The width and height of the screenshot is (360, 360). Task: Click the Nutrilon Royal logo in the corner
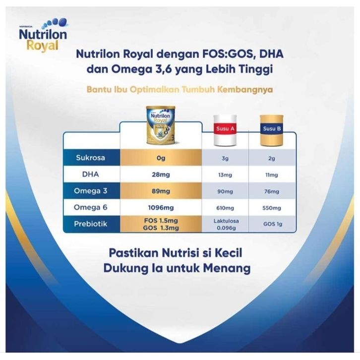click(x=43, y=35)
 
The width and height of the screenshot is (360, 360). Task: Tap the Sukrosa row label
click(x=90, y=158)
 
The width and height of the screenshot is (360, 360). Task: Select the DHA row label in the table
click(x=90, y=174)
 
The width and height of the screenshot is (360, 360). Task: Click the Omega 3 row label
click(x=90, y=191)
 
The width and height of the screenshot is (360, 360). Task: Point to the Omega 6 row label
click(x=90, y=207)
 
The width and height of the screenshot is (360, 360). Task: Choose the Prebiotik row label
click(x=90, y=224)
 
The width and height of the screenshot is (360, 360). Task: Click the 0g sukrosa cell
click(x=161, y=158)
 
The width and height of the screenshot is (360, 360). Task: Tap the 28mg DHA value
click(x=161, y=175)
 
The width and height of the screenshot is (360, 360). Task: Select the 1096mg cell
click(x=161, y=208)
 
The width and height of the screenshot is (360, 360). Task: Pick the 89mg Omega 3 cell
click(x=161, y=191)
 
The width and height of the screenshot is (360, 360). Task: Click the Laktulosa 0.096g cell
click(x=226, y=224)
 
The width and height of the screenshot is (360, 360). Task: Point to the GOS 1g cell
click(x=273, y=224)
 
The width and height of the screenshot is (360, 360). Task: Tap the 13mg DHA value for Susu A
click(x=225, y=175)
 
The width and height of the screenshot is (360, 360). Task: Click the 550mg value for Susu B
click(x=272, y=208)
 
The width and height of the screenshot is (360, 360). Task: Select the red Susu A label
click(x=225, y=128)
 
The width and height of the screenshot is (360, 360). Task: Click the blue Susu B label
click(x=272, y=128)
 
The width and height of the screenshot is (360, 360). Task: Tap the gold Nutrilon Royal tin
click(x=161, y=125)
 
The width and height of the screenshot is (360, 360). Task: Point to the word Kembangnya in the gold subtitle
click(x=245, y=90)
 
